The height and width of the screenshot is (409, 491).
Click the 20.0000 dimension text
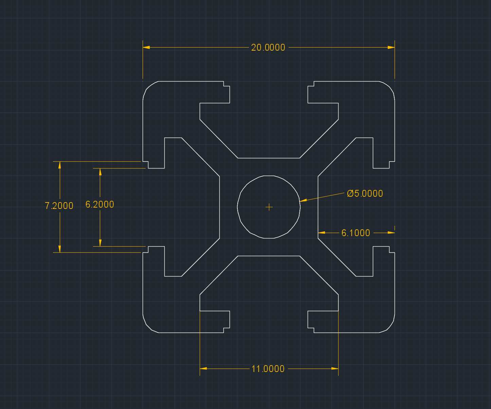268,48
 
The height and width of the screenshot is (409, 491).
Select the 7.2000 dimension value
59,206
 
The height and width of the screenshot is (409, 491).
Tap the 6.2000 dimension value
100,204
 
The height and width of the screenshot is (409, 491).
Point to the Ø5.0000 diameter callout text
365,193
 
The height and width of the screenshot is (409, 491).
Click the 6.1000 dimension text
356,233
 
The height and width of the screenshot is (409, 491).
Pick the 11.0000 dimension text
268,369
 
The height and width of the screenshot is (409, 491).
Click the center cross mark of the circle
269,207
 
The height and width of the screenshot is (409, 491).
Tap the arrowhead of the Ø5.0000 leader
303,200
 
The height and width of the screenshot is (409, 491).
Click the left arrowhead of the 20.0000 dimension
146,47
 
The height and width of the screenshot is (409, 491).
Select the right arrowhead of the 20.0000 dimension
391,47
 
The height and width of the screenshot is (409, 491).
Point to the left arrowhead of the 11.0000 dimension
203,368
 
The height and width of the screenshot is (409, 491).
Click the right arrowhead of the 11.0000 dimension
335,368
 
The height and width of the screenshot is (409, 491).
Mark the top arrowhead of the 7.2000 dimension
60,165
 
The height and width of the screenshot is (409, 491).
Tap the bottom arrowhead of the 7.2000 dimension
60,249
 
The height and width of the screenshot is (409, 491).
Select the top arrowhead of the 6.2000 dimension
100,172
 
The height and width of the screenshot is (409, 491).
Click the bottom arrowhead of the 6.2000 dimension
100,243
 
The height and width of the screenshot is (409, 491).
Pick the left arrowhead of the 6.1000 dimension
322,232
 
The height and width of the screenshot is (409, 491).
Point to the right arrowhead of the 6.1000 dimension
391,232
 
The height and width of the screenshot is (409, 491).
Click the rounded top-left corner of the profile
147,88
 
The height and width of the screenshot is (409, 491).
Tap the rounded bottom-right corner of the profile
390,326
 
